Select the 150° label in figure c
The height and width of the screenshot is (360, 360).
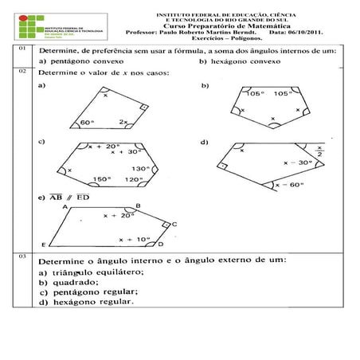(x=101, y=178)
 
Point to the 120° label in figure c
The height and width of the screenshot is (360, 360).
(x=133, y=178)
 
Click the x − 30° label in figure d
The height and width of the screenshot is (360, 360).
(x=286, y=162)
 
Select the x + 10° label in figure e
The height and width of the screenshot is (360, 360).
(x=134, y=239)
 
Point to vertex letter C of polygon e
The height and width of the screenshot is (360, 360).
(x=174, y=225)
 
